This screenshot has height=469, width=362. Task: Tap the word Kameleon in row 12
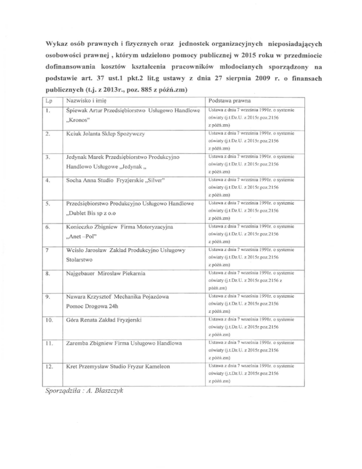click(x=158, y=366)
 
